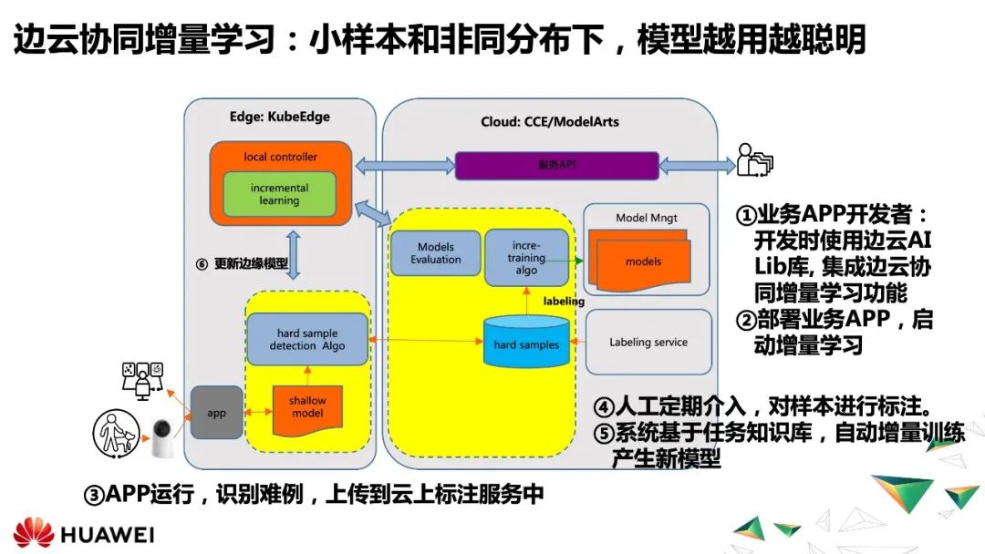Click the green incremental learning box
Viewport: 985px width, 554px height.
pos(279,194)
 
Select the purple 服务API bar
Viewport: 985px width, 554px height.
pos(556,166)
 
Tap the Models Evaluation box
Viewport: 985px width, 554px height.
pos(435,253)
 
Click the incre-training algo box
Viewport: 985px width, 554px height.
pos(526,257)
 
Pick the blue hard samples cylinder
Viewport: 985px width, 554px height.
pos(526,342)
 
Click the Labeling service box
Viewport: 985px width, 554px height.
pos(648,343)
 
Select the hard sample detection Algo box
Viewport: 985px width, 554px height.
pos(307,340)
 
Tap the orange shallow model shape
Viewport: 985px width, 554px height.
pos(307,407)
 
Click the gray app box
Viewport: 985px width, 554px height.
pos(216,413)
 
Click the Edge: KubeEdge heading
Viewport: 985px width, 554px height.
pos(279,118)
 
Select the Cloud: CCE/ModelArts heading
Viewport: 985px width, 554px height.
pos(549,122)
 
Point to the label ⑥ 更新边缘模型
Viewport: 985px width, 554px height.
pos(242,264)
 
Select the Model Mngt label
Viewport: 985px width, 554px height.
pos(646,218)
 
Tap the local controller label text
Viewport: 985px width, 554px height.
pos(280,157)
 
